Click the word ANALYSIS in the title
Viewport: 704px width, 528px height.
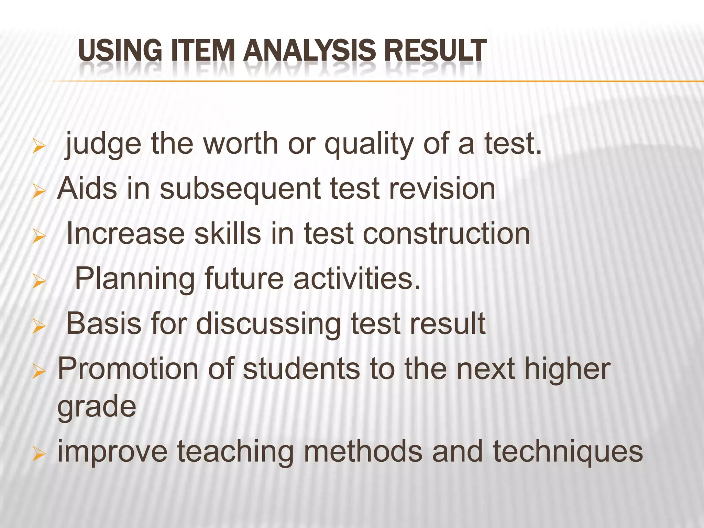(309, 51)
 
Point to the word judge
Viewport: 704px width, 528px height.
(103, 144)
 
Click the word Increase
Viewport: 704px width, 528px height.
(125, 234)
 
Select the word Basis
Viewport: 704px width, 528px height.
(103, 323)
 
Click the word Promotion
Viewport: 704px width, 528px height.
(128, 369)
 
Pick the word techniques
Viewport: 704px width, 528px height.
(568, 452)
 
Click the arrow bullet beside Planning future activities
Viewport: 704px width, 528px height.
(39, 282)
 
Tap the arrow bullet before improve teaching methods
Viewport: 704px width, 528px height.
(39, 455)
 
